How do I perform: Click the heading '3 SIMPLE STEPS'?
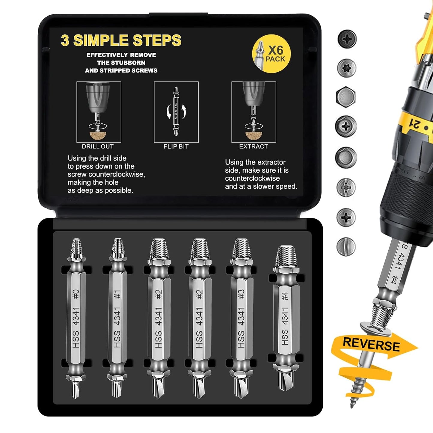coord(121,40)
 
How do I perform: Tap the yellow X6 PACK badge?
coord(271,54)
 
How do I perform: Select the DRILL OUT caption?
coord(98,147)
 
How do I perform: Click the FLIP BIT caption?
coord(176,147)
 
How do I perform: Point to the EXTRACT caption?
coord(254,147)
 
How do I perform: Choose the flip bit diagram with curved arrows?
coord(176,112)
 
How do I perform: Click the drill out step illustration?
coord(99,112)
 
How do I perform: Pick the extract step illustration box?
coord(254,112)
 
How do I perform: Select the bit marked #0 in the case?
coord(76,318)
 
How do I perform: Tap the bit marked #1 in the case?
coord(117,318)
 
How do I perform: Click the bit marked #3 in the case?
coord(241,318)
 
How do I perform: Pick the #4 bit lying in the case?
coord(285,318)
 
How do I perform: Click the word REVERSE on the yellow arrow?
coord(371,344)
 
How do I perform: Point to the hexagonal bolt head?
coord(346,97)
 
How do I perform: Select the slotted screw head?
coord(346,246)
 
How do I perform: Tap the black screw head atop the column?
coord(347,39)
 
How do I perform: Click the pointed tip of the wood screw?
coord(352,406)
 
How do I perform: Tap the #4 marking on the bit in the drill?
coord(393,281)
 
